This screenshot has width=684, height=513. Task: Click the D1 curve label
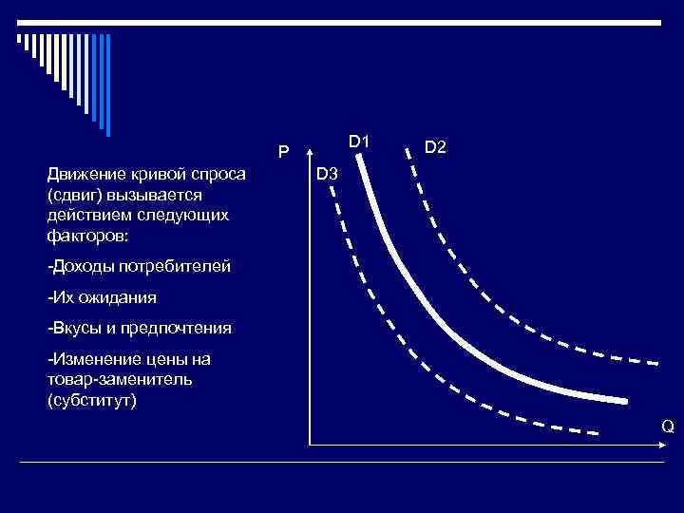(x=358, y=142)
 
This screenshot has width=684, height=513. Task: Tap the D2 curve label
(x=436, y=148)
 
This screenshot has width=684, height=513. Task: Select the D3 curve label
(x=327, y=174)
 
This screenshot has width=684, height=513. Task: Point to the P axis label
(x=283, y=152)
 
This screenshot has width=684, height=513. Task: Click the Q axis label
(x=668, y=427)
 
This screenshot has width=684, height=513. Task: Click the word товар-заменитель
(x=119, y=379)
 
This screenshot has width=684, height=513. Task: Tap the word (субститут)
(x=92, y=399)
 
